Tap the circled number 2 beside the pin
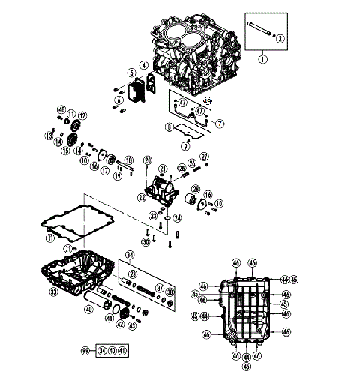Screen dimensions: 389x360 (280, 38)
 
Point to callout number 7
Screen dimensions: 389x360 (220, 122)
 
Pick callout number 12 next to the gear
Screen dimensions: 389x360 (82, 115)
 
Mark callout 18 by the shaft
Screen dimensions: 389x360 (128, 161)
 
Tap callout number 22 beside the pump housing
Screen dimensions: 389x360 (141, 197)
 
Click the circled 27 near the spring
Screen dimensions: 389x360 (204, 157)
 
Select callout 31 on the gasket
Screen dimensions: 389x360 (49, 238)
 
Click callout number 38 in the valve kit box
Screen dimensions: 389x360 (169, 292)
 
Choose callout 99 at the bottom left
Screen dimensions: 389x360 (85, 351)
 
